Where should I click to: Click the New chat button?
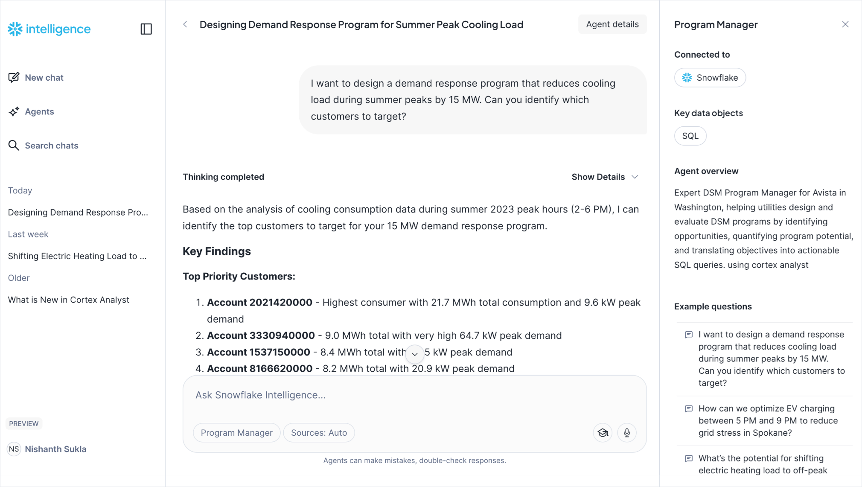[x=36, y=78]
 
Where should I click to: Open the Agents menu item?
[x=32, y=112]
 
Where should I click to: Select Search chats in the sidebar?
[x=44, y=146]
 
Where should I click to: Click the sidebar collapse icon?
[x=146, y=29]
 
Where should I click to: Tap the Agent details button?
[x=612, y=24]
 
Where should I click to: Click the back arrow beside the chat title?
[x=185, y=24]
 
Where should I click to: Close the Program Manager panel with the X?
[x=845, y=24]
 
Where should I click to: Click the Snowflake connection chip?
[x=710, y=78]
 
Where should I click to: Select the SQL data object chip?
[x=690, y=136]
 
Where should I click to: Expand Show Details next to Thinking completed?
[x=604, y=177]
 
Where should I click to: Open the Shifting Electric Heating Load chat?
[x=77, y=256]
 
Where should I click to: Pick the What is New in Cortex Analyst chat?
[x=69, y=300]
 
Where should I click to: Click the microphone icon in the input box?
[x=626, y=433]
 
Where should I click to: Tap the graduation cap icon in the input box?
[x=603, y=433]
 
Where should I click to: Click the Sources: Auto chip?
[x=319, y=433]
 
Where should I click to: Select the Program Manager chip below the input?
[x=236, y=433]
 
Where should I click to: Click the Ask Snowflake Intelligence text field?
[x=384, y=395]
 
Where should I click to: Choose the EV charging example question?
[x=768, y=420]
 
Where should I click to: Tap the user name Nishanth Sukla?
[x=55, y=449]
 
